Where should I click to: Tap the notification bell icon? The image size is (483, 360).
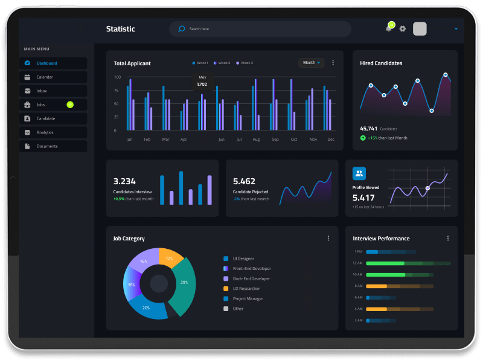[x=388, y=28]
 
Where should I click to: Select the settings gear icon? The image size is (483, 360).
[x=403, y=28]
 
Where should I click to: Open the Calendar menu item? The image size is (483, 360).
[x=45, y=77]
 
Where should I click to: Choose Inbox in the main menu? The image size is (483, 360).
[x=42, y=91]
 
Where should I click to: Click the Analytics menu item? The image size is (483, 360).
[x=45, y=132]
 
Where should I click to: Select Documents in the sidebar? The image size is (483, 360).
[x=47, y=146]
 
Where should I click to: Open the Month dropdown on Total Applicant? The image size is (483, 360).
[x=312, y=63]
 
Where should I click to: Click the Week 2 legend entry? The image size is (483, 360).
[x=222, y=63]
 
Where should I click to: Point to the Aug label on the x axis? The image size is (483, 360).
[x=256, y=140]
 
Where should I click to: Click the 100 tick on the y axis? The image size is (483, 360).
[x=117, y=77]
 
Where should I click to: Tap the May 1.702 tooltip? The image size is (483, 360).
[x=202, y=81]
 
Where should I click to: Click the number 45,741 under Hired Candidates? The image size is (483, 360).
[x=368, y=128]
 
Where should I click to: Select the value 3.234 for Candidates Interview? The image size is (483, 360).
[x=124, y=181]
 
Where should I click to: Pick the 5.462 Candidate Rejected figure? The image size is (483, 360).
[x=244, y=181]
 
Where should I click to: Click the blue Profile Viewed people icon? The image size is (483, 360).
[x=359, y=174]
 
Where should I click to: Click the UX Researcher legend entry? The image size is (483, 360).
[x=246, y=289]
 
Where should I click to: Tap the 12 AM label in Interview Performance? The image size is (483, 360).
[x=358, y=263]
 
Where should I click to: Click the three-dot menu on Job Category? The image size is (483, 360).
[x=328, y=238]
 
